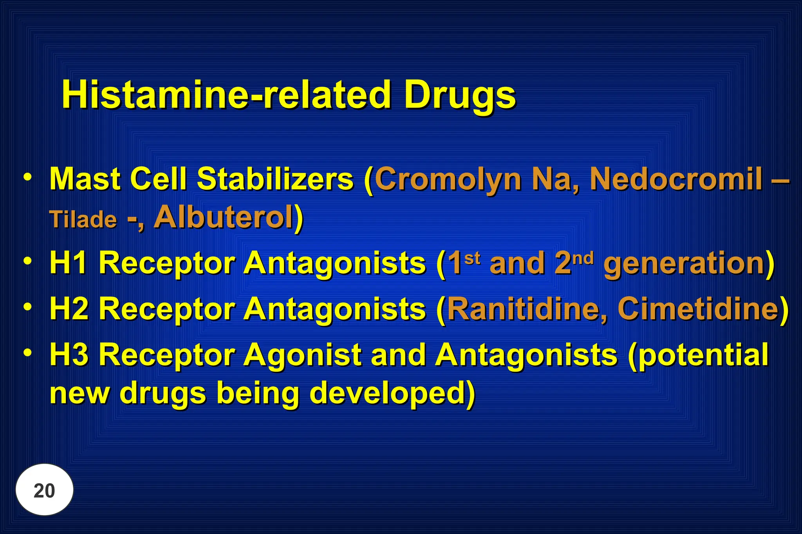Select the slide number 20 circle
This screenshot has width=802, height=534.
point(44,490)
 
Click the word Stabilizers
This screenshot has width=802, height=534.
point(275,179)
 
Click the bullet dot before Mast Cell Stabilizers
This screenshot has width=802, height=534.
point(27,177)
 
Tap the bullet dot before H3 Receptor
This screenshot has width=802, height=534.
point(27,352)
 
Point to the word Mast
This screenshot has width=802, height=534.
point(85,179)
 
